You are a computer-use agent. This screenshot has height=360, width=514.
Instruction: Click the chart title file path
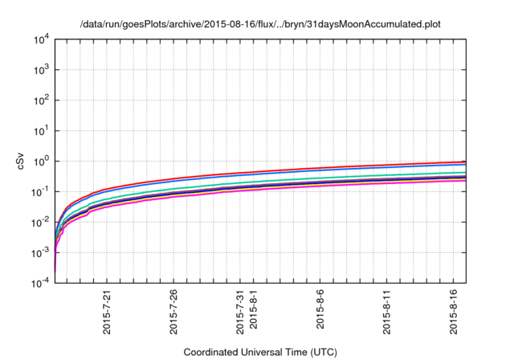(260, 24)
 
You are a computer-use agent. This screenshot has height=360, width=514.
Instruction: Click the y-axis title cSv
(22, 161)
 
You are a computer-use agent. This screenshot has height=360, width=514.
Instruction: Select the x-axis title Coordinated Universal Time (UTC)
(260, 352)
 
